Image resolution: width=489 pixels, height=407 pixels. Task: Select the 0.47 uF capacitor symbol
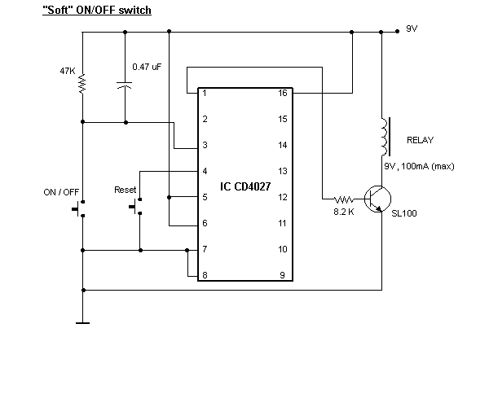coord(125,84)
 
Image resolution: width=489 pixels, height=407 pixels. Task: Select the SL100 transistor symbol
coord(377,199)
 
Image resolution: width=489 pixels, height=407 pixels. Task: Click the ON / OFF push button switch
coord(80,211)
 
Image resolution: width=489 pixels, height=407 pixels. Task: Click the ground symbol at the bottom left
coord(82,322)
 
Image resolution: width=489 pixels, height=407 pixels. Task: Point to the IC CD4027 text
coord(247,186)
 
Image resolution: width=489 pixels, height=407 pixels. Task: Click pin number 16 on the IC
coord(282,94)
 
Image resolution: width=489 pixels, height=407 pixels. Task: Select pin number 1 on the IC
coord(204,94)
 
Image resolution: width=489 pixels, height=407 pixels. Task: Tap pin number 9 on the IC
coord(282,276)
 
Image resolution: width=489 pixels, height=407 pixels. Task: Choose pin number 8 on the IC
coord(204,276)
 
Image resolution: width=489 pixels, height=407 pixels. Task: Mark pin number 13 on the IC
coord(282,172)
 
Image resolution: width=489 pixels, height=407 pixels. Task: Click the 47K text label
coord(67,72)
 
